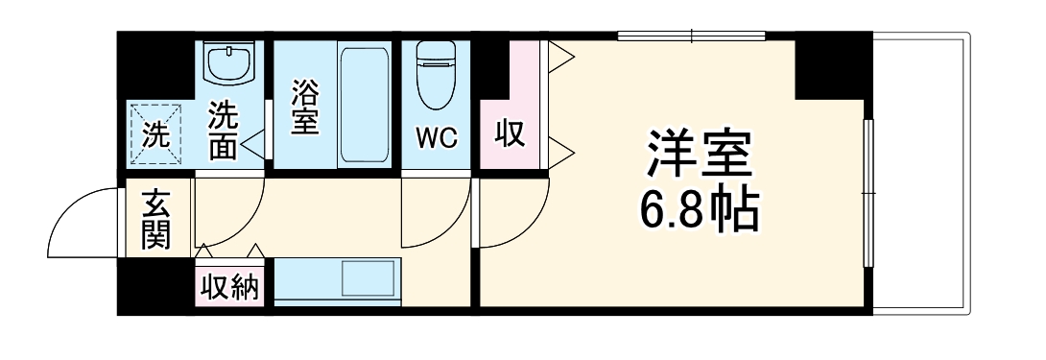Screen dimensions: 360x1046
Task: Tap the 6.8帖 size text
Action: coord(699,209)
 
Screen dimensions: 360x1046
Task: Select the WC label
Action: coord(437,136)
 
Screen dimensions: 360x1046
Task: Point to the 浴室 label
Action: coord(304,108)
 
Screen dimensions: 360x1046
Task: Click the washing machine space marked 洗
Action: coord(155,134)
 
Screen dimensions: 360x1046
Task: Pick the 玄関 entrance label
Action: coord(156,220)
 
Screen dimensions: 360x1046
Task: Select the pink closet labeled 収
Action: coord(510,133)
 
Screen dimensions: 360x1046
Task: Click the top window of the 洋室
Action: coord(694,37)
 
